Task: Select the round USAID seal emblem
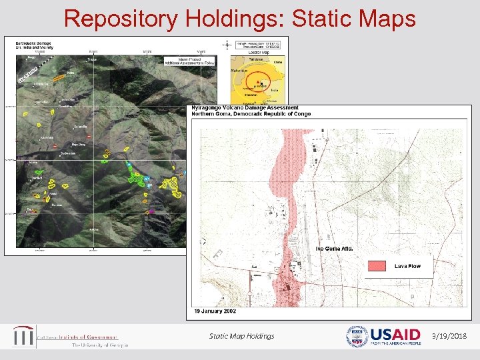(356, 337)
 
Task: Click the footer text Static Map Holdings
(241, 336)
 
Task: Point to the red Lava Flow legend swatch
(377, 266)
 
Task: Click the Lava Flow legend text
(407, 266)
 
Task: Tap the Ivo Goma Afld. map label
(334, 249)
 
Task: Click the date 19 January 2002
(215, 311)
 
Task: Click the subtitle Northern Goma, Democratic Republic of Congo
(251, 114)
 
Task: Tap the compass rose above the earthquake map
(227, 45)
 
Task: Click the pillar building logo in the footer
(23, 336)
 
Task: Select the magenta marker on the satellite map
(151, 211)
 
